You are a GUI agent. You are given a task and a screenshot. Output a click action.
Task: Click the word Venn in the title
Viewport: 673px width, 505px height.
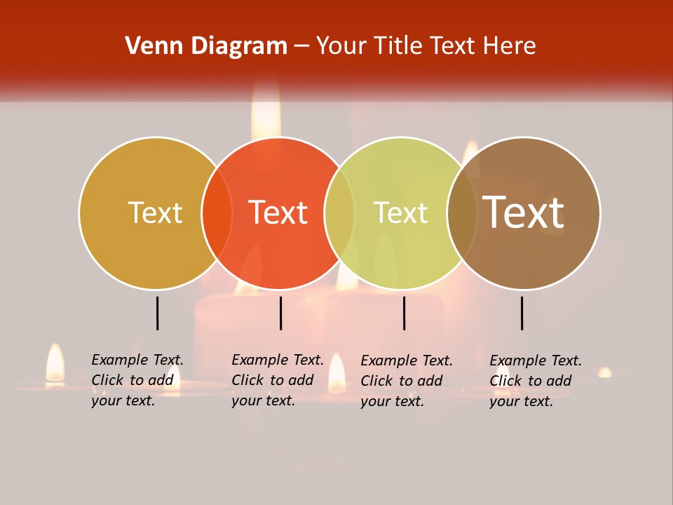148,46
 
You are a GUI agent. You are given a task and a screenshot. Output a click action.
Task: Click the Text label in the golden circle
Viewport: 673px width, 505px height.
155,213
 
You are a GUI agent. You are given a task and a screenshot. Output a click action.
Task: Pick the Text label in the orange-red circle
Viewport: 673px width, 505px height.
278,213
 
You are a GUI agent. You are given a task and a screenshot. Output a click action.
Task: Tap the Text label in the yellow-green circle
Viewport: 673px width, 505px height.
400,213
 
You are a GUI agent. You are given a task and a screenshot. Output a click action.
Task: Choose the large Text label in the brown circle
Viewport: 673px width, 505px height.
524,213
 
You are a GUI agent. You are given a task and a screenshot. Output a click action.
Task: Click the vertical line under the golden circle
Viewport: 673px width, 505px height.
157,313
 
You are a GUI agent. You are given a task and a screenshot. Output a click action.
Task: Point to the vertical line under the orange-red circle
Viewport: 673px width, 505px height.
280,313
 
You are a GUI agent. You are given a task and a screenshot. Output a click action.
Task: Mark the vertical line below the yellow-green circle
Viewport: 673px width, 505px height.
404,313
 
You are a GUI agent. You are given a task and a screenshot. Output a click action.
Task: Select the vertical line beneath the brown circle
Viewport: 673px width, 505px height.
522,313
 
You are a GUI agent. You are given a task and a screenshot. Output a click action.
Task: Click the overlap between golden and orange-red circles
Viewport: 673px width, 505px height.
217,213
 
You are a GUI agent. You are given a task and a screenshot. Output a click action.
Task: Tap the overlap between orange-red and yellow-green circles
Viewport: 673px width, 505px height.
339,213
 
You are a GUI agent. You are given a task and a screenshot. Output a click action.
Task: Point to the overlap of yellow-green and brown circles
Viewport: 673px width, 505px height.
463,213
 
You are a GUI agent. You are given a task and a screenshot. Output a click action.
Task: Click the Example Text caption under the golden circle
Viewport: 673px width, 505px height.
137,380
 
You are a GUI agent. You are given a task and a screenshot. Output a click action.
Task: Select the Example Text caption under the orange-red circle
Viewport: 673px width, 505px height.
278,380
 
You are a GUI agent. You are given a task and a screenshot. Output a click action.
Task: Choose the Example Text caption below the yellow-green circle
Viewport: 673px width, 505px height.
407,381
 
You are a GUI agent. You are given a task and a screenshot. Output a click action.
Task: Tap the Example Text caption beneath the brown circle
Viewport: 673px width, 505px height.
536,381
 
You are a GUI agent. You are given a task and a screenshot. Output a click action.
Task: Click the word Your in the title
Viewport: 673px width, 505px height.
341,46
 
